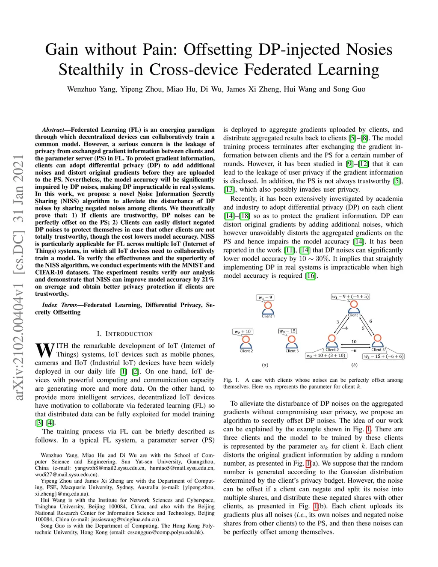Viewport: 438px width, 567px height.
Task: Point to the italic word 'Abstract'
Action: [53, 130]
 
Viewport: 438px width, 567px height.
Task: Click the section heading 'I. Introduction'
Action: [124, 334]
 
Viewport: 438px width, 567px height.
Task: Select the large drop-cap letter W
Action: [44, 350]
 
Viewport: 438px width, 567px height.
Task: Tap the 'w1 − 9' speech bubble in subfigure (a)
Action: [265, 297]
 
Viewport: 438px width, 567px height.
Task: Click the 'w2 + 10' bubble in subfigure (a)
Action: [243, 332]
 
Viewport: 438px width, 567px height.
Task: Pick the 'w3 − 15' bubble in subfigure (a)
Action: [287, 331]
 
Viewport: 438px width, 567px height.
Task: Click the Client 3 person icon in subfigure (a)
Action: [292, 342]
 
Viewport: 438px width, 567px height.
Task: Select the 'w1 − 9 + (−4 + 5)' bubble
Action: [350, 297]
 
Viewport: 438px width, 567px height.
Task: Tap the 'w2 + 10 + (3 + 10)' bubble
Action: [326, 356]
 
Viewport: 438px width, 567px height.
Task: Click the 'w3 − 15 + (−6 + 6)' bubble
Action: [383, 356]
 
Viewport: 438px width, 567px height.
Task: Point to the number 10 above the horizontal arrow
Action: [354, 341]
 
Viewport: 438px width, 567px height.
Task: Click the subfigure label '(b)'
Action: [354, 365]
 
